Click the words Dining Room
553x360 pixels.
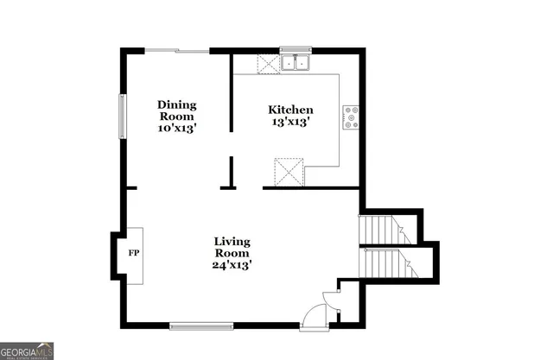coord(177,110)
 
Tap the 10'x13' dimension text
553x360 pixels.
coord(177,127)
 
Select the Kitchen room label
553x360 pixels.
coord(289,110)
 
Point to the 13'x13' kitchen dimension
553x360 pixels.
coord(289,123)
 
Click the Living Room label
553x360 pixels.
coord(232,248)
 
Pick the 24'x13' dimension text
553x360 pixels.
coord(232,266)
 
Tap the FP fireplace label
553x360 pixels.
coord(134,255)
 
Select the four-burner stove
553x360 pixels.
coord(351,117)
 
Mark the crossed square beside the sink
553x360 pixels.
coord(266,63)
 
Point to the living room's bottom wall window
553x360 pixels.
coord(200,325)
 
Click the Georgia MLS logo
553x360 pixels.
coord(28,351)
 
